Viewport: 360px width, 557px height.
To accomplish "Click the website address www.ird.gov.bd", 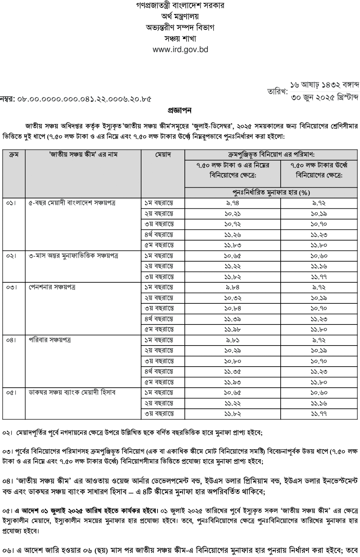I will pos(180,50).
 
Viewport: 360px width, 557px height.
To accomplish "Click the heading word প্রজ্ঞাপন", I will pos(180,110).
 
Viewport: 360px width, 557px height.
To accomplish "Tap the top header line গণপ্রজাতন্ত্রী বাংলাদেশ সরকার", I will pos(180,6).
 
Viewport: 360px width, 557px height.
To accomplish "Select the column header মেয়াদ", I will pos(163,154).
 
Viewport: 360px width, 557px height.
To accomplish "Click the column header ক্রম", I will pos(14,154).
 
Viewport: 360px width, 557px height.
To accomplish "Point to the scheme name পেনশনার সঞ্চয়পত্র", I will pos(52,287).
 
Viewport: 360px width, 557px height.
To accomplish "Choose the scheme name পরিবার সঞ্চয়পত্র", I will pos(49,340).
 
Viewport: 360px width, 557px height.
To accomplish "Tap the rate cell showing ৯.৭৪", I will pos(233,203).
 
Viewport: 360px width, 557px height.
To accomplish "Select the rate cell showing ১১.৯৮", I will pos(233,329).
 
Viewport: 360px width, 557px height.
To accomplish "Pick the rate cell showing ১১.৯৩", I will pos(233,382).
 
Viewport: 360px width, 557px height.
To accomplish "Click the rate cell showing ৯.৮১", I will pos(233,340).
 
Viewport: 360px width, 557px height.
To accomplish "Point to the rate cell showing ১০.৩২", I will pos(233,298).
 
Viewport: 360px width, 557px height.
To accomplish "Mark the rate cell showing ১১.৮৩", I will pos(233,245).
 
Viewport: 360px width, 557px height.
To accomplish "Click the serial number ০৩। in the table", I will pos(12,287).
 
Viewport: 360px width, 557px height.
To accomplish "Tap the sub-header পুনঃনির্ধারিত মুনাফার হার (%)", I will pos(271,192).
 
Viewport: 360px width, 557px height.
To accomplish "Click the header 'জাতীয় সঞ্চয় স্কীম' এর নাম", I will pos(83,154).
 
